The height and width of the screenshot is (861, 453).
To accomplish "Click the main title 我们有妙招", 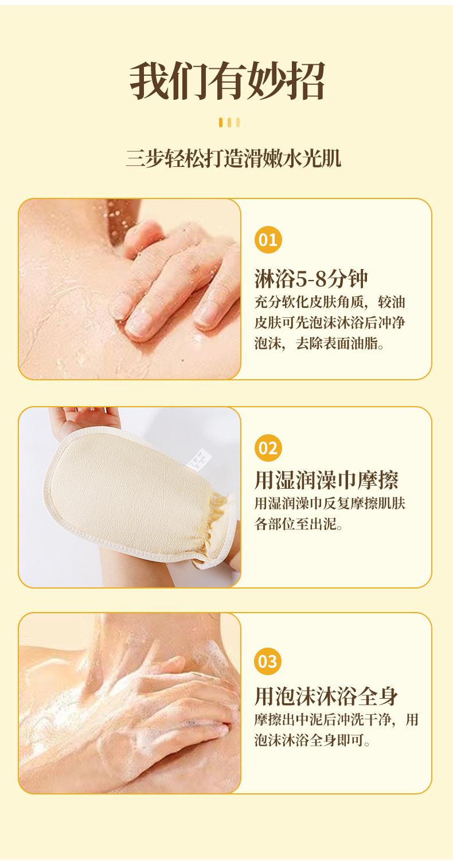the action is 227,81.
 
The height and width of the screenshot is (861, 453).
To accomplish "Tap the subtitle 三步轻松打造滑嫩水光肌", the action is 233,158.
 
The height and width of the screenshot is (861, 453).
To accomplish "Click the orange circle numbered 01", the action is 268,240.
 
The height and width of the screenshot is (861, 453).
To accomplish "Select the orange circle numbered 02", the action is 268,448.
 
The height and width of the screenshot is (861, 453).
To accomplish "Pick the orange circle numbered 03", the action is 268,661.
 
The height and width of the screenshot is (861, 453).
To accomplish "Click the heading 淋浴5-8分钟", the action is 311,279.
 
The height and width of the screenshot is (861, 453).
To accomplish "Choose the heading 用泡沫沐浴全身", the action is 326,696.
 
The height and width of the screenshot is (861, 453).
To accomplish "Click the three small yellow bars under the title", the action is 229,123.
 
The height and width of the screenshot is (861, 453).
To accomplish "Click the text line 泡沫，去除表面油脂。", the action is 319,343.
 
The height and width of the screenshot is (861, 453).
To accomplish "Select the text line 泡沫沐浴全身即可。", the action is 312,739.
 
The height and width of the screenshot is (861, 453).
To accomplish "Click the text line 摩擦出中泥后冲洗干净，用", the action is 336,719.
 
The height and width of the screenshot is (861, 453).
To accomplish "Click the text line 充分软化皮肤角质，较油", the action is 330,302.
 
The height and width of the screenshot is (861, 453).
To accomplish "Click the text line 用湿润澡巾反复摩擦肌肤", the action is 330,503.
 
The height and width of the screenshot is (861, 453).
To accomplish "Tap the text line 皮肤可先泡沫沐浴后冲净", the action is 330,323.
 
